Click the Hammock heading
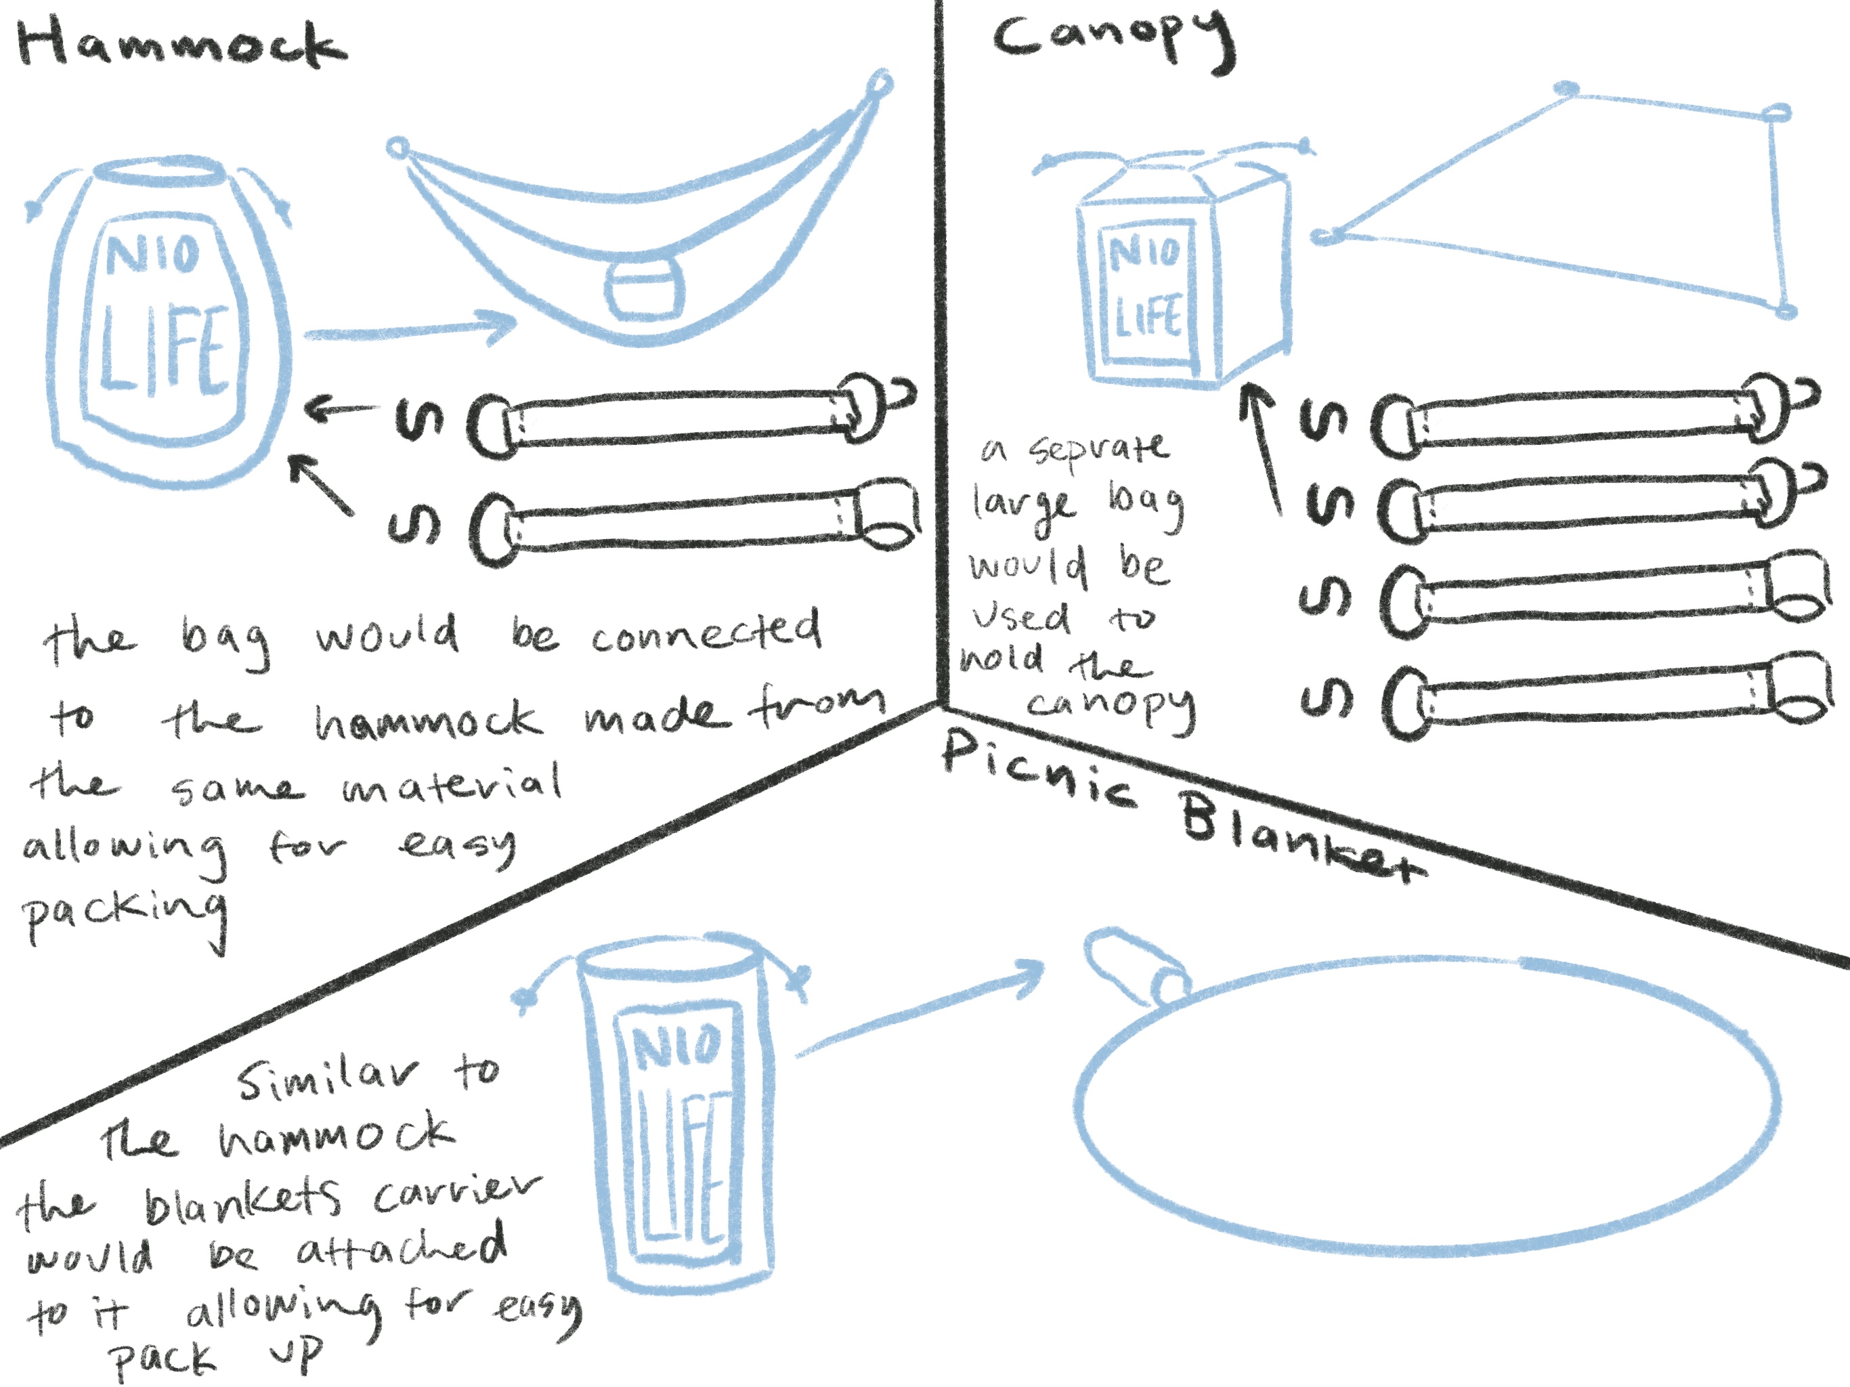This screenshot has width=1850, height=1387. [x=180, y=43]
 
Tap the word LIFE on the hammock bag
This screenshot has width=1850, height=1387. [x=164, y=349]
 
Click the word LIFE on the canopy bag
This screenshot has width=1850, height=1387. [x=1148, y=317]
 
